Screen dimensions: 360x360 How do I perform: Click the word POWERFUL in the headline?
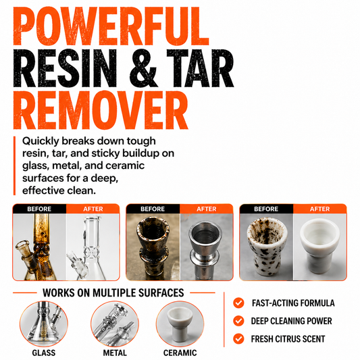click(111, 26)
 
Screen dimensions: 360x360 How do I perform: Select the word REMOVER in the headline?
click(101, 110)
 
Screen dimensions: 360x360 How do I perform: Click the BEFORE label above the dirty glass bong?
click(39, 209)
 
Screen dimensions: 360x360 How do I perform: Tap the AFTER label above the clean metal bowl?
click(207, 209)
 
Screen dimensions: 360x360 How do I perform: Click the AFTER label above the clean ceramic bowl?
click(320, 209)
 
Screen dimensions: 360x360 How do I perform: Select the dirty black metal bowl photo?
click(153, 247)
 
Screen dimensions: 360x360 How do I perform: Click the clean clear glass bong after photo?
click(93, 247)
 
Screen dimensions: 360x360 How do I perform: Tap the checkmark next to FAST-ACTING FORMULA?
click(238, 303)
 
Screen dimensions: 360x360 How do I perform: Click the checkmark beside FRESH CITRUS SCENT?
click(238, 339)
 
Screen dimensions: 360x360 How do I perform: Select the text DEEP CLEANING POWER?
click(291, 321)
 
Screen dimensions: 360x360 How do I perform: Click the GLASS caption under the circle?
click(44, 353)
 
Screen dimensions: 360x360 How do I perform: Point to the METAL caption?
click(115, 353)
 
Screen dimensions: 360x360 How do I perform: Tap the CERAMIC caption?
click(180, 353)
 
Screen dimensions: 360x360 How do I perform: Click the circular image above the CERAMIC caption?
click(180, 324)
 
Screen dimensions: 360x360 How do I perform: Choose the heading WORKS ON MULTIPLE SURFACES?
click(113, 293)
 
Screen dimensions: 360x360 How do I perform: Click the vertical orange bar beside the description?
click(14, 165)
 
